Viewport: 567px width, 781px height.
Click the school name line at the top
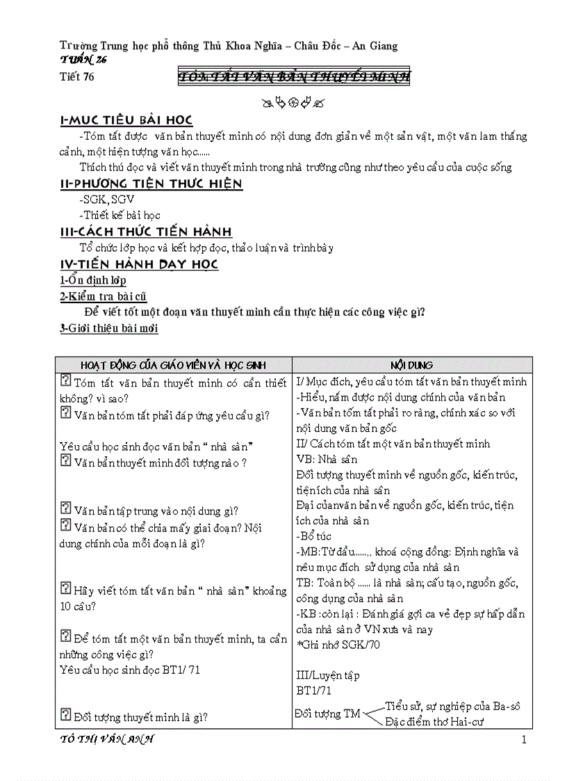coord(229,46)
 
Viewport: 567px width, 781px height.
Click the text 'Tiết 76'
coord(77,77)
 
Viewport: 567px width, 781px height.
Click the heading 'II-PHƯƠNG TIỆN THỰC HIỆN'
coord(151,184)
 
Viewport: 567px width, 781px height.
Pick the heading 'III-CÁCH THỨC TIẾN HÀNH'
coord(146,232)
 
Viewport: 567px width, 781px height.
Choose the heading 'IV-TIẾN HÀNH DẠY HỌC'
coord(139,264)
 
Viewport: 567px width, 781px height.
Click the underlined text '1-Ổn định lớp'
coord(92,280)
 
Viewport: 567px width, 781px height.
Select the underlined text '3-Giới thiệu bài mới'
coord(109,328)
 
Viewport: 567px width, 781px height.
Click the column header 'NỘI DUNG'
coord(411,365)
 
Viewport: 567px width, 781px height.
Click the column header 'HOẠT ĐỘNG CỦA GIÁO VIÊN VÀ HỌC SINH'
coord(173,365)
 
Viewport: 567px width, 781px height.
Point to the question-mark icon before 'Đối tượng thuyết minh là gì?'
coord(66,714)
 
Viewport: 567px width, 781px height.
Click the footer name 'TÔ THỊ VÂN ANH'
coord(107,739)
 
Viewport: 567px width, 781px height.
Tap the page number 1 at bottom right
coord(524,740)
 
